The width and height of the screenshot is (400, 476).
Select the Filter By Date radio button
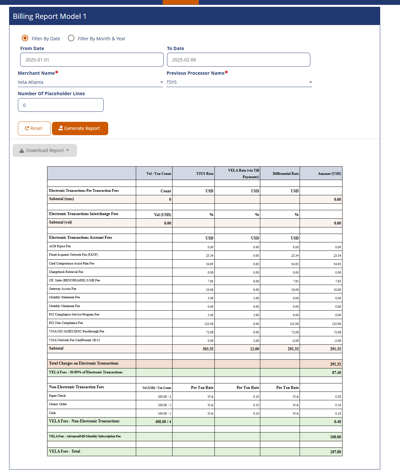click(x=25, y=38)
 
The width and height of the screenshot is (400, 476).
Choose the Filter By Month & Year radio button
click(x=71, y=38)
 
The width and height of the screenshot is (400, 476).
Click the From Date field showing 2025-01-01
click(x=92, y=60)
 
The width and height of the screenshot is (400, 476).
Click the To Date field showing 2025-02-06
click(x=238, y=60)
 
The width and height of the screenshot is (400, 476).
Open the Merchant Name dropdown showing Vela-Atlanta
click(x=90, y=82)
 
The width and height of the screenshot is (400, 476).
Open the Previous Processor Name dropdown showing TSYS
click(x=239, y=82)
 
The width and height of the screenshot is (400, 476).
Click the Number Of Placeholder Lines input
click(x=61, y=105)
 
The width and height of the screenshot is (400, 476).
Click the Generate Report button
click(x=80, y=128)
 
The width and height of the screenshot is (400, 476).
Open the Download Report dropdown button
click(x=45, y=150)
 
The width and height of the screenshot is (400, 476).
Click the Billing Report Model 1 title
click(x=50, y=16)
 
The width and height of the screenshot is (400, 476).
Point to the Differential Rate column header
click(x=285, y=174)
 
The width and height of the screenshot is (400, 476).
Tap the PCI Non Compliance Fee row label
click(x=66, y=323)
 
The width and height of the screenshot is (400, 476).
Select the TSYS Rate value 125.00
click(x=209, y=324)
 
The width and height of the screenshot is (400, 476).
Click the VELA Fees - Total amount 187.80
click(x=335, y=452)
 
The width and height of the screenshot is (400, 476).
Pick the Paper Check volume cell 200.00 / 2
click(x=164, y=397)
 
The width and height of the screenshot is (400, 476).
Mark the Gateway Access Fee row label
click(x=63, y=289)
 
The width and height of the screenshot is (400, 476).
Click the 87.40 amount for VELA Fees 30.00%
click(x=336, y=373)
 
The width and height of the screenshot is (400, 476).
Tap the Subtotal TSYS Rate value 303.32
click(x=208, y=349)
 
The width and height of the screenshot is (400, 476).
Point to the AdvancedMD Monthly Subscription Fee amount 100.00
click(x=335, y=437)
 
